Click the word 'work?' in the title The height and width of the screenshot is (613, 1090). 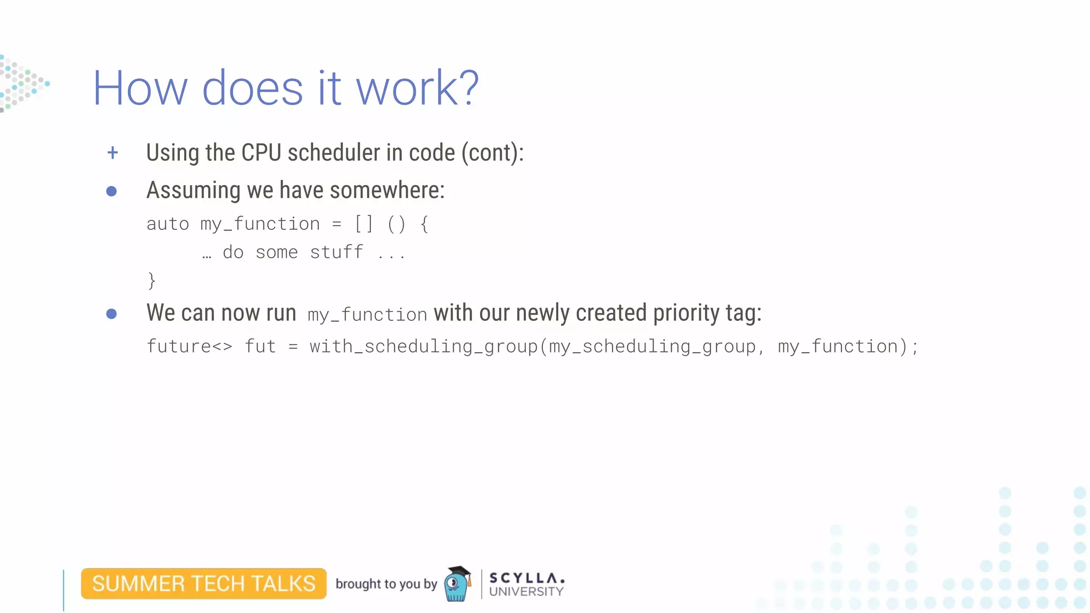[417, 88]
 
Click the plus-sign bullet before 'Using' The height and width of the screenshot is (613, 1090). [112, 153]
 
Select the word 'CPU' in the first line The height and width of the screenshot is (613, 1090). [261, 153]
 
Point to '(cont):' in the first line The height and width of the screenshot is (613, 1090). [492, 153]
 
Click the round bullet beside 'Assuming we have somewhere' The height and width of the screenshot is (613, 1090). [111, 191]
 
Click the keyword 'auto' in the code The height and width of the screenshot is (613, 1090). [168, 224]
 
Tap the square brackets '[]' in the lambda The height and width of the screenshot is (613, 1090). [364, 224]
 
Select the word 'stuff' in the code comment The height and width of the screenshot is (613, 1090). [336, 252]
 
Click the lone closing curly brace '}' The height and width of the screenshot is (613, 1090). [152, 280]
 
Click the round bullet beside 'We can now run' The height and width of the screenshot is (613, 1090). [111, 314]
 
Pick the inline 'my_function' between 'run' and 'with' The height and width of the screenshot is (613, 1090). [367, 315]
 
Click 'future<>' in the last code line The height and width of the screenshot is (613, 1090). [189, 346]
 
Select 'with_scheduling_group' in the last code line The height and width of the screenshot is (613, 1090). [424, 346]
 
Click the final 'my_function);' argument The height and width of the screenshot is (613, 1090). [848, 346]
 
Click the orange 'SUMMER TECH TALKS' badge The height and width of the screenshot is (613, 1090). [204, 584]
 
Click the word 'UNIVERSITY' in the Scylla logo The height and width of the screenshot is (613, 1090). [526, 592]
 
